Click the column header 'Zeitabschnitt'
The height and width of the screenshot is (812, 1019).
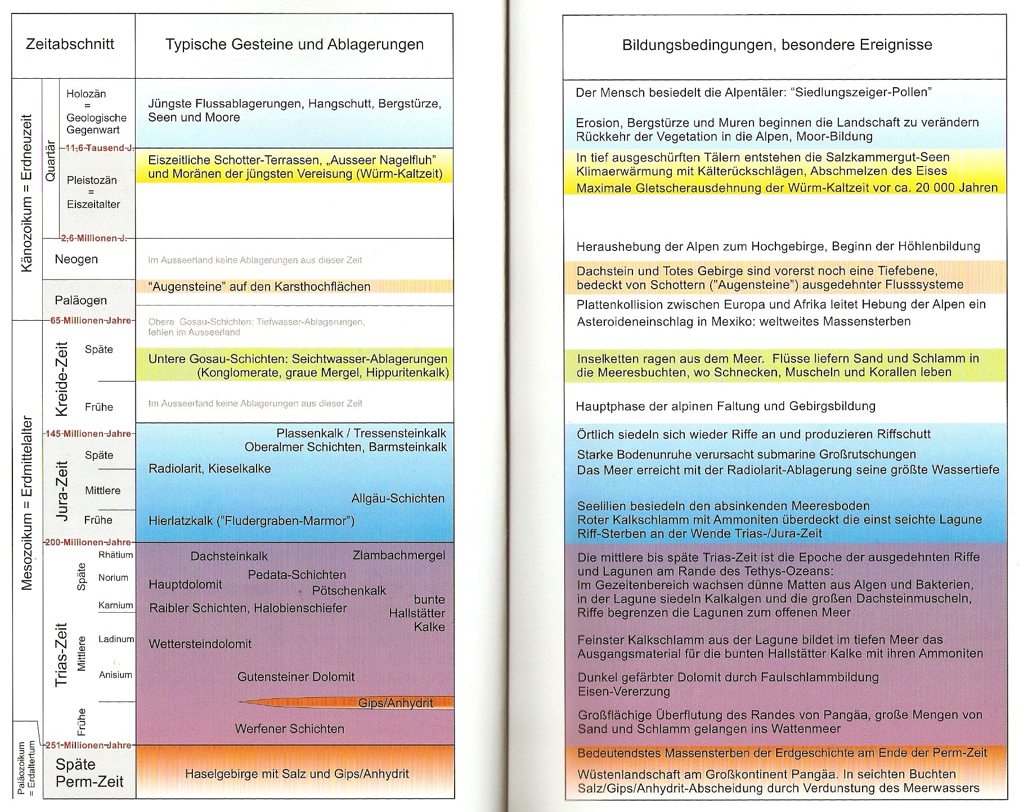(x=70, y=44)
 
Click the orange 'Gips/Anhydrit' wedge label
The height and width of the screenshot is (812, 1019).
(x=396, y=703)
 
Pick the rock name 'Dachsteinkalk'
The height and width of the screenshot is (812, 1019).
(x=229, y=557)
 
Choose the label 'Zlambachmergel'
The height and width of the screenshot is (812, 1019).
(x=399, y=555)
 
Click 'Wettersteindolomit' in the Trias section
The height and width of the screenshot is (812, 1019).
(x=200, y=644)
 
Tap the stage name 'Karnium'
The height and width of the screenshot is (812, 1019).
(x=116, y=605)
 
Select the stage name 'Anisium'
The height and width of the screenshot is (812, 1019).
(x=115, y=675)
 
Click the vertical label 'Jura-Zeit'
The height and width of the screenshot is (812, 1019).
(x=61, y=491)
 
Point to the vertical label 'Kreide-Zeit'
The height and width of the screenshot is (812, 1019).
(x=61, y=378)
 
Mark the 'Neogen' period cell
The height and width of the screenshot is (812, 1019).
(x=76, y=259)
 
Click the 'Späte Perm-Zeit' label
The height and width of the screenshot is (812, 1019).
(x=89, y=773)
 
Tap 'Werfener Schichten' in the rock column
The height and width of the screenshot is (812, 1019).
(x=289, y=729)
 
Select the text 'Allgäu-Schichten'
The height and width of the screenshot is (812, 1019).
(x=398, y=499)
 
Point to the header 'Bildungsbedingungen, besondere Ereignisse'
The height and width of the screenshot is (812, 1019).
(x=777, y=45)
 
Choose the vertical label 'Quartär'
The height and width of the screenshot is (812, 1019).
(x=51, y=160)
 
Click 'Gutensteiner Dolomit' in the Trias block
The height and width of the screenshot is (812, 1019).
(x=296, y=677)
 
